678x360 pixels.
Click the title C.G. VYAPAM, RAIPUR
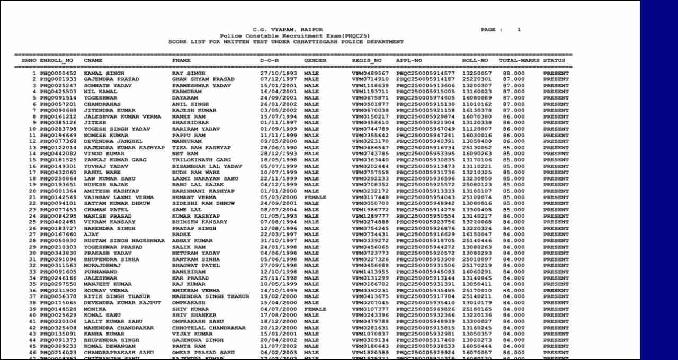click(288, 30)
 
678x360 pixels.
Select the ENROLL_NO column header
click(56, 61)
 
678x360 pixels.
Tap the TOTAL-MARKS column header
click(519, 61)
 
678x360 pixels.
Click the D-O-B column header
click(269, 61)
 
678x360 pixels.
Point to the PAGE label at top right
click(491, 30)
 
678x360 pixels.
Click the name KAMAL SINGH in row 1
click(104, 73)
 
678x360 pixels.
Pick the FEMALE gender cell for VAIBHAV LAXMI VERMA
click(315, 197)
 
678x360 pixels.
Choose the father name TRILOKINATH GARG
click(201, 160)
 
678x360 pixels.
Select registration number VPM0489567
click(370, 73)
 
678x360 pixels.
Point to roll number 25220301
click(477, 79)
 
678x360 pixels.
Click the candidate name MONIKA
click(95, 309)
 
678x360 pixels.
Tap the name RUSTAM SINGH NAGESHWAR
click(124, 241)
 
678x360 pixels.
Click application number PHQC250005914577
click(425, 73)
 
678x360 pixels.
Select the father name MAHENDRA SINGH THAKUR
click(210, 296)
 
